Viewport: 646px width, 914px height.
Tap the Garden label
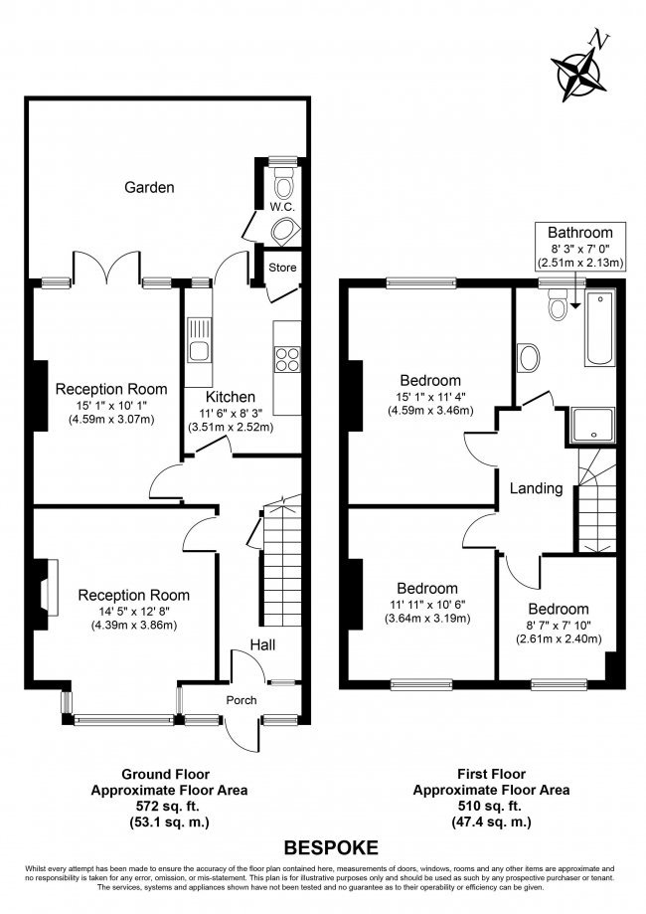pos(150,187)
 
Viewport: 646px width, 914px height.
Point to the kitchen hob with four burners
pos(287,358)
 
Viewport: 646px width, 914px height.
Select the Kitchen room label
pos(231,397)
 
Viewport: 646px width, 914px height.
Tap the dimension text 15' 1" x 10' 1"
pos(110,405)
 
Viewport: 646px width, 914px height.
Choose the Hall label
pos(262,645)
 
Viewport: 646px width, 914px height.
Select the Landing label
pos(537,488)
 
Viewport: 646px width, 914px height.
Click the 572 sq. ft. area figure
pos(165,807)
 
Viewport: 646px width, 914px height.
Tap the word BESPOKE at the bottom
pos(331,848)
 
